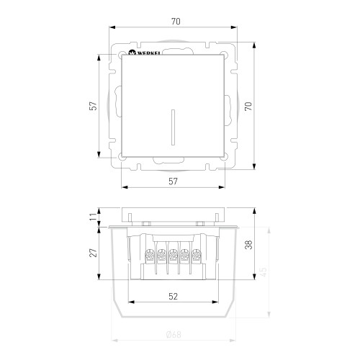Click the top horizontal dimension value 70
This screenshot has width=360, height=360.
point(176,22)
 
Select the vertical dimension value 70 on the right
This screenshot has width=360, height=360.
point(248,106)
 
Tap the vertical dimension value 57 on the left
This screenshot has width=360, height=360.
point(93,106)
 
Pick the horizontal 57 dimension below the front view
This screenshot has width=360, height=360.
point(173,181)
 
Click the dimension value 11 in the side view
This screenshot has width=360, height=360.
point(93,217)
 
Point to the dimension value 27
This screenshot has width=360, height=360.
point(93,253)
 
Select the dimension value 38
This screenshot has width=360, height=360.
point(248,245)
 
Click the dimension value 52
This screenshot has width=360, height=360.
point(173,297)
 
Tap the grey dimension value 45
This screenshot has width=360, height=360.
point(264,272)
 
